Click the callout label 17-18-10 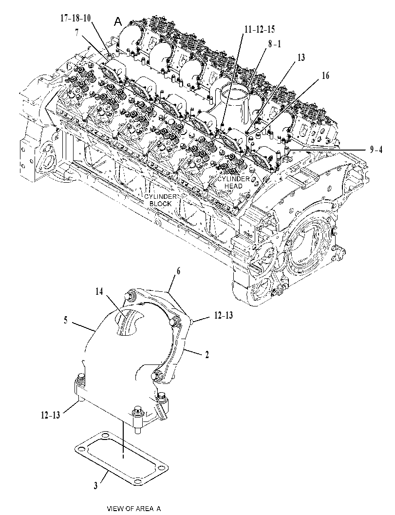(75, 18)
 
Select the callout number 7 (77, 33)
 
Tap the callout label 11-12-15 (260, 29)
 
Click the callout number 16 (325, 76)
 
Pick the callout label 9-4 (376, 150)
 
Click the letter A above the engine (118, 22)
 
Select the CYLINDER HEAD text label (234, 183)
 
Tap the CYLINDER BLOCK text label (161, 200)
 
